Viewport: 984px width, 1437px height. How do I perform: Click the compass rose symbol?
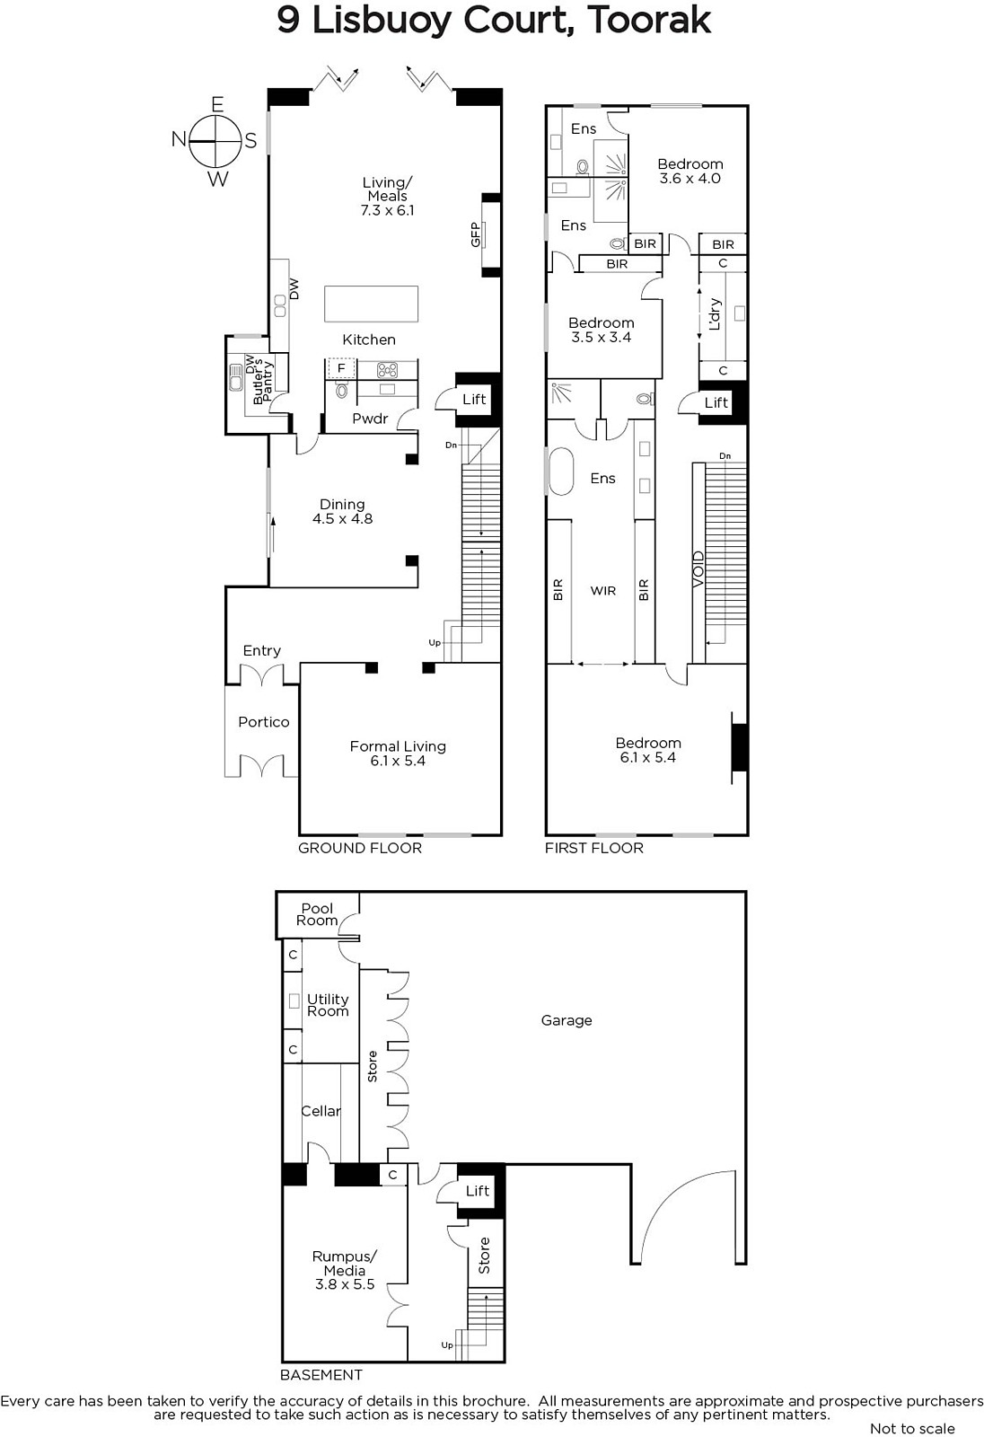215,140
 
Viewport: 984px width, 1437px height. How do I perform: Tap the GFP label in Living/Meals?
475,234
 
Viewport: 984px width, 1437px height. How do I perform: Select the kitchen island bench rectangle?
371,304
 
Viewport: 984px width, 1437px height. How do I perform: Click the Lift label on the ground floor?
474,399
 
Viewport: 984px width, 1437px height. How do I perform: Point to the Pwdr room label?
370,419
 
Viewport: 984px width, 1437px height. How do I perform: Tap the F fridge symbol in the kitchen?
341,368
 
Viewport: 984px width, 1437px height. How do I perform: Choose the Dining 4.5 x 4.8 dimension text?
343,518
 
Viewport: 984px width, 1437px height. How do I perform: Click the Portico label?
264,722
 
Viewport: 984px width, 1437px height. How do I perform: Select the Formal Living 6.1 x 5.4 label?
398,754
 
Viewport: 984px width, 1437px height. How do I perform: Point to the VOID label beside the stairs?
698,569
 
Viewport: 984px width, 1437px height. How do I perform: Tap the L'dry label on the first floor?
715,313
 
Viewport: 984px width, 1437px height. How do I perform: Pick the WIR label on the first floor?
603,590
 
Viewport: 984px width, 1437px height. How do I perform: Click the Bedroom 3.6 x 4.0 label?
690,172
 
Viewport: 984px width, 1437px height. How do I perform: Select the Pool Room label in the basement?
317,914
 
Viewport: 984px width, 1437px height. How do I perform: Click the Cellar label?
321,1110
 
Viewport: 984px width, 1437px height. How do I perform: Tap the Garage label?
567,1020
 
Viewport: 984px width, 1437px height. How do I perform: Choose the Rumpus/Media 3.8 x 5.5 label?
345,1270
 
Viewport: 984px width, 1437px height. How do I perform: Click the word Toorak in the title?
648,20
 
